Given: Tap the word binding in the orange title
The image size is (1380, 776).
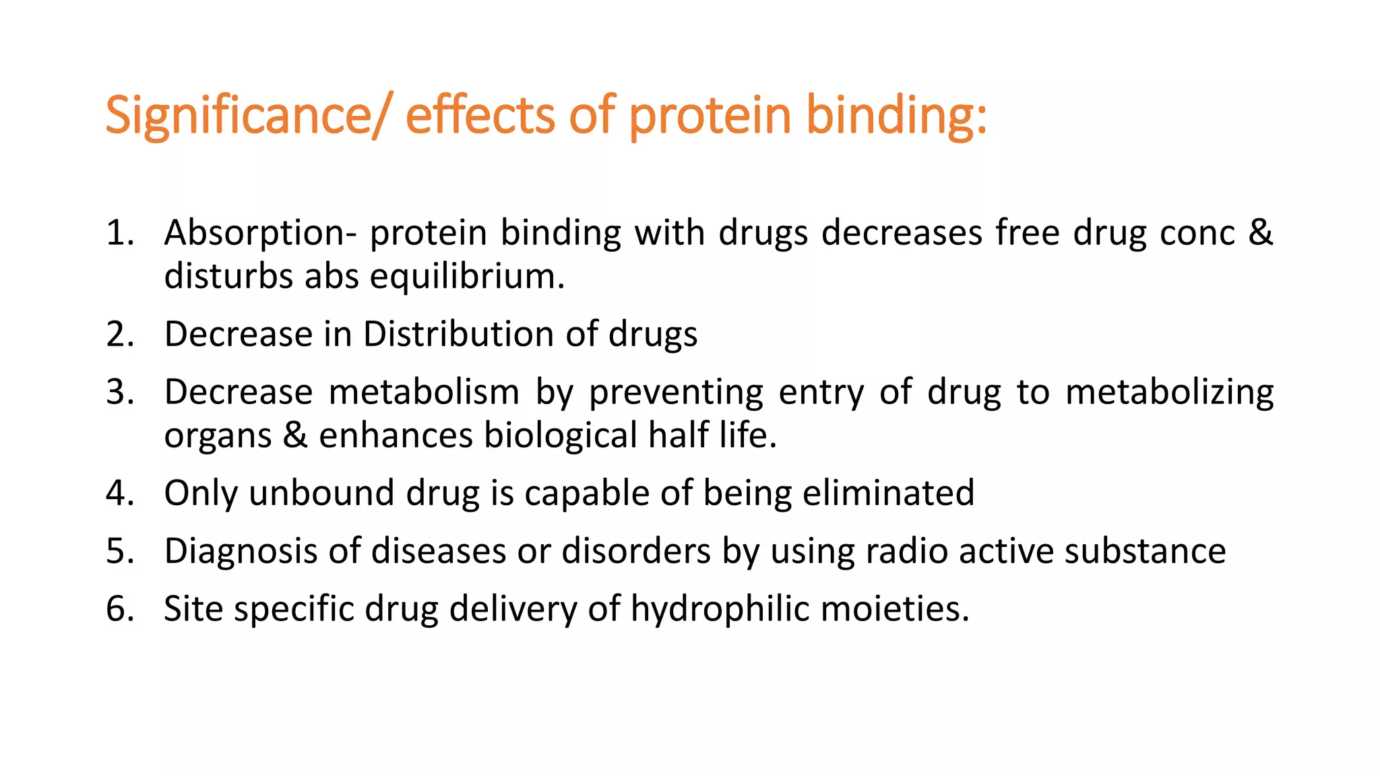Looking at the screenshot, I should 897,116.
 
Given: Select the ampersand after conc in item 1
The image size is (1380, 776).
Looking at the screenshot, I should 1260,232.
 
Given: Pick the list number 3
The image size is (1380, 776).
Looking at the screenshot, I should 119,392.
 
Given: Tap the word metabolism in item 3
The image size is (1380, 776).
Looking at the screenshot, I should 424,392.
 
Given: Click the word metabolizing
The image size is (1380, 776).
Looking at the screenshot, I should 1170,392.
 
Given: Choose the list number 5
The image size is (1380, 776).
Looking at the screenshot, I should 119,551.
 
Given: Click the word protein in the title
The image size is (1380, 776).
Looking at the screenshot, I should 710,116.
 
